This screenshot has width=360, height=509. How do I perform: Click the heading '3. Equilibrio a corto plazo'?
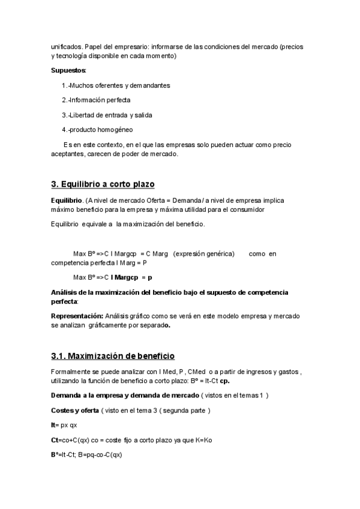click(x=103, y=184)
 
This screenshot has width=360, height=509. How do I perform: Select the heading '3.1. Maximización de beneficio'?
click(x=112, y=356)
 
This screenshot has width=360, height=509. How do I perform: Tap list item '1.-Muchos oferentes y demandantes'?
click(x=115, y=85)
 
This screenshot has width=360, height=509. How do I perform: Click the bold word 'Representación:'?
click(x=77, y=316)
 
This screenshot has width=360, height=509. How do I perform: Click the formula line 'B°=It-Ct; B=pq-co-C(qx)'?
click(x=86, y=454)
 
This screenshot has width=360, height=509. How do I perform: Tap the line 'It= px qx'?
click(x=64, y=425)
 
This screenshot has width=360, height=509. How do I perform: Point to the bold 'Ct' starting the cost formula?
click(x=55, y=440)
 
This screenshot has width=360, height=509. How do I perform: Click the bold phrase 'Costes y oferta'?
click(x=74, y=410)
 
